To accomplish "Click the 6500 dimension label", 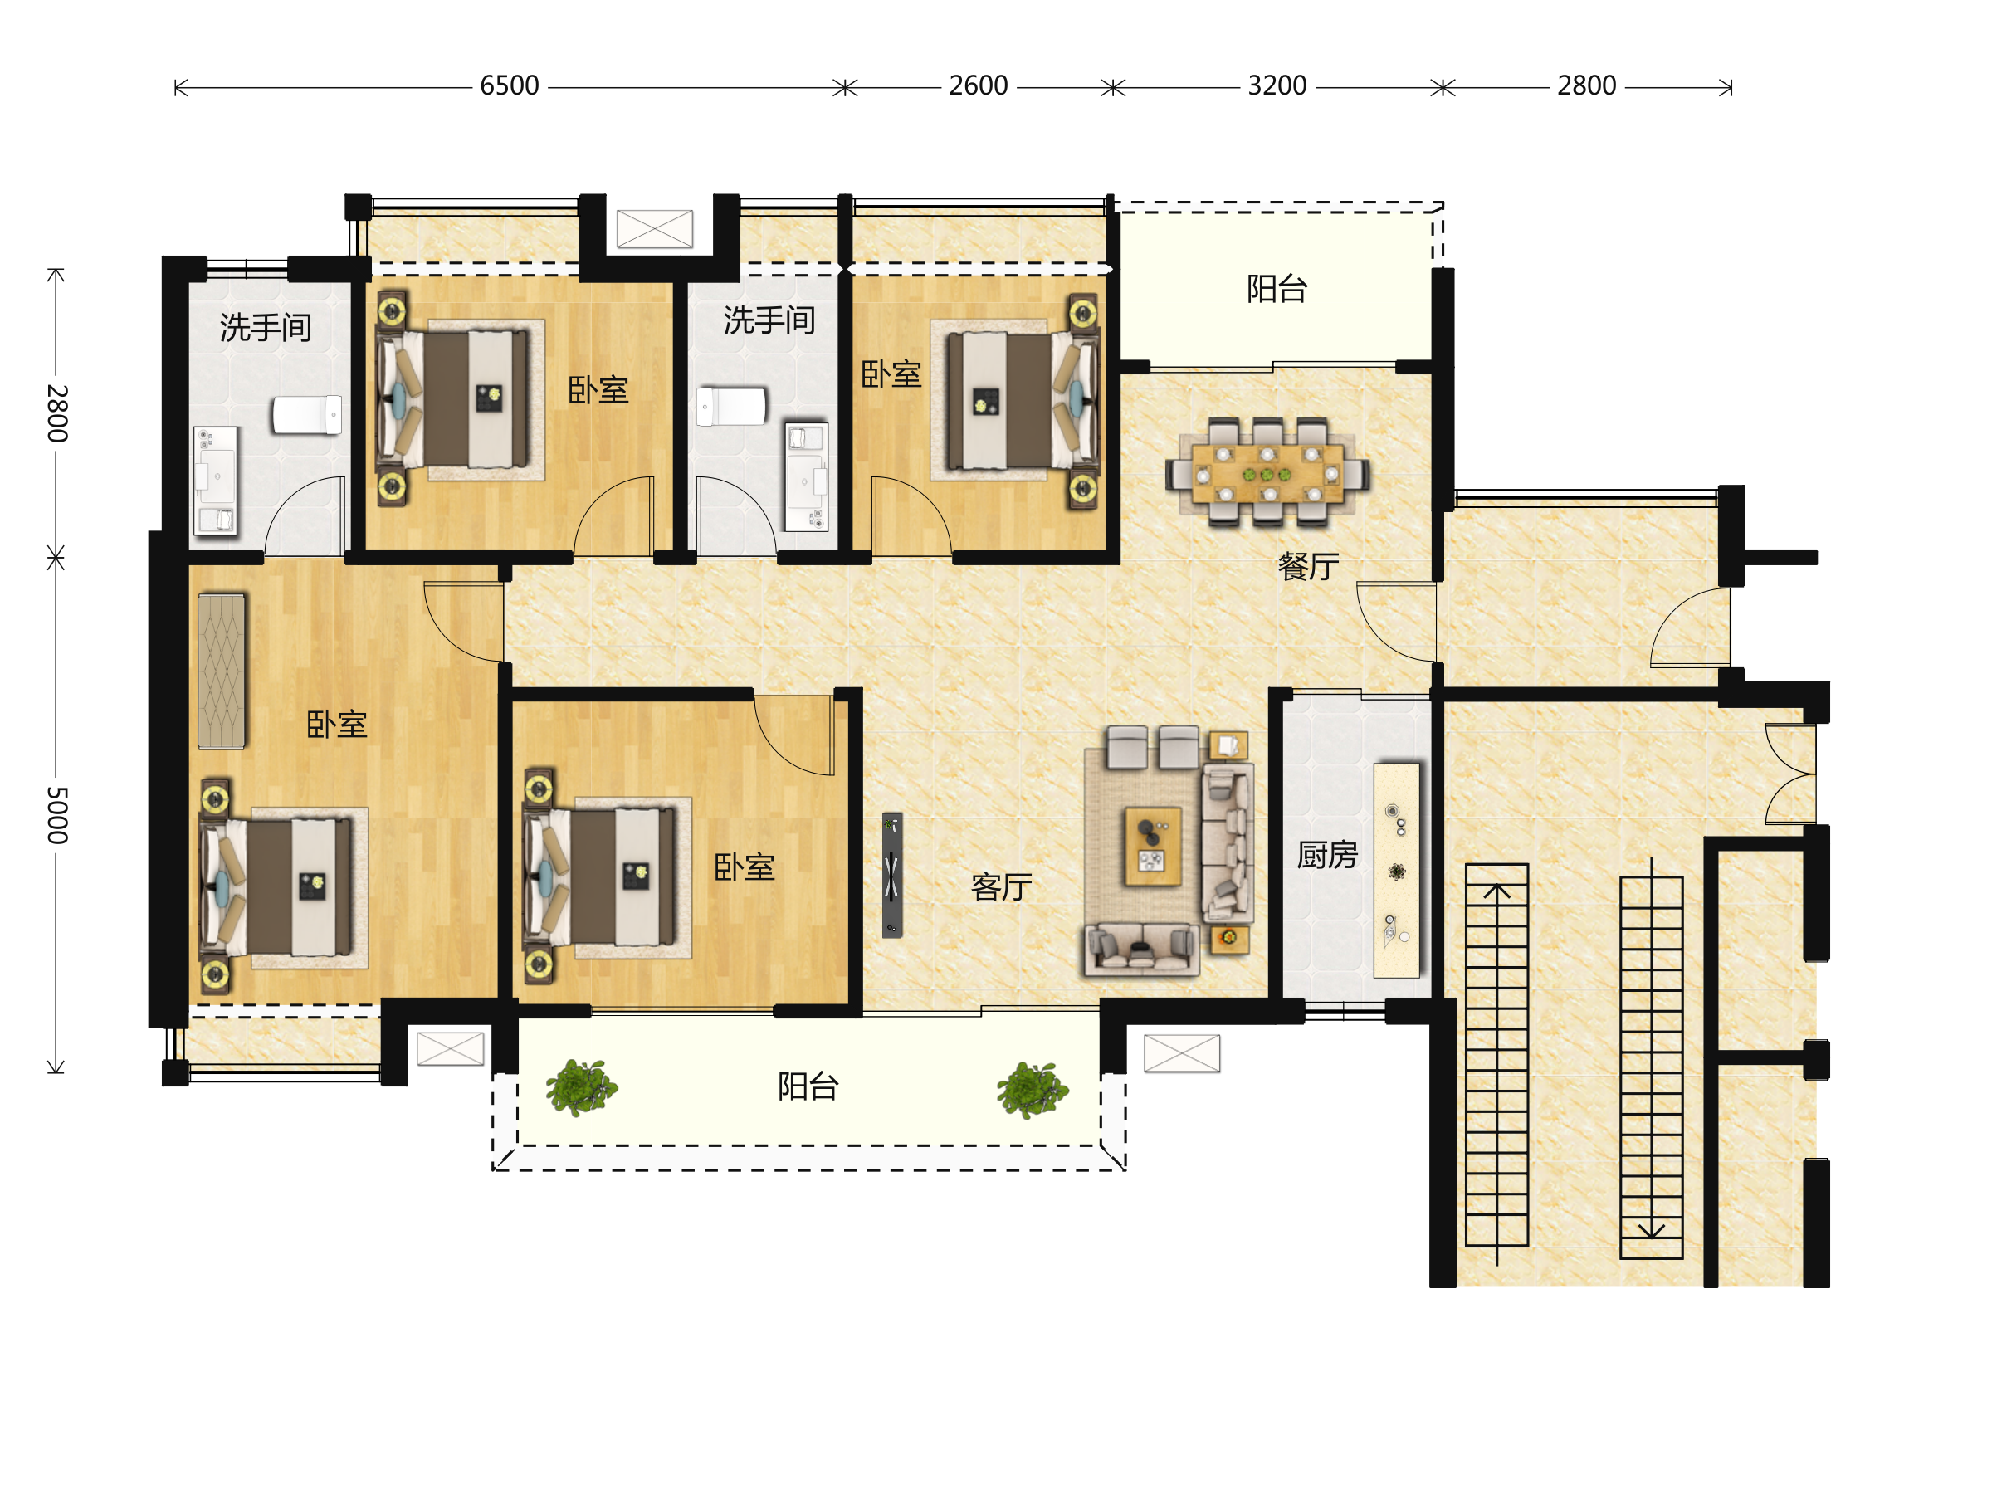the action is coord(509,85).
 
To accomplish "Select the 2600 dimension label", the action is coord(978,85).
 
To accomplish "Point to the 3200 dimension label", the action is coord(1277,85).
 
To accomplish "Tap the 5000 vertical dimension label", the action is coord(56,815).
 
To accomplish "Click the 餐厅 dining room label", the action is coord(1308,566).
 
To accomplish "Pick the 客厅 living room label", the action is coord(1002,887).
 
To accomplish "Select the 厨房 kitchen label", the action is coord(1326,855).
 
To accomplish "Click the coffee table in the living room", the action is coord(1153,847).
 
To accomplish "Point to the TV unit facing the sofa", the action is coord(891,876).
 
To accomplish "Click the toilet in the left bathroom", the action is coord(307,414).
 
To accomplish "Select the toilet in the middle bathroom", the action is coord(731,406).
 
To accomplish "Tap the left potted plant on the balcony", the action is coord(582,1088).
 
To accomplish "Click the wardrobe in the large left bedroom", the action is coord(222,671).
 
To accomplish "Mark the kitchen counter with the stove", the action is coord(1396,870).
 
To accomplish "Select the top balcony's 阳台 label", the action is coord(1277,288).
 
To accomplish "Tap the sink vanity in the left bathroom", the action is coord(216,481).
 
